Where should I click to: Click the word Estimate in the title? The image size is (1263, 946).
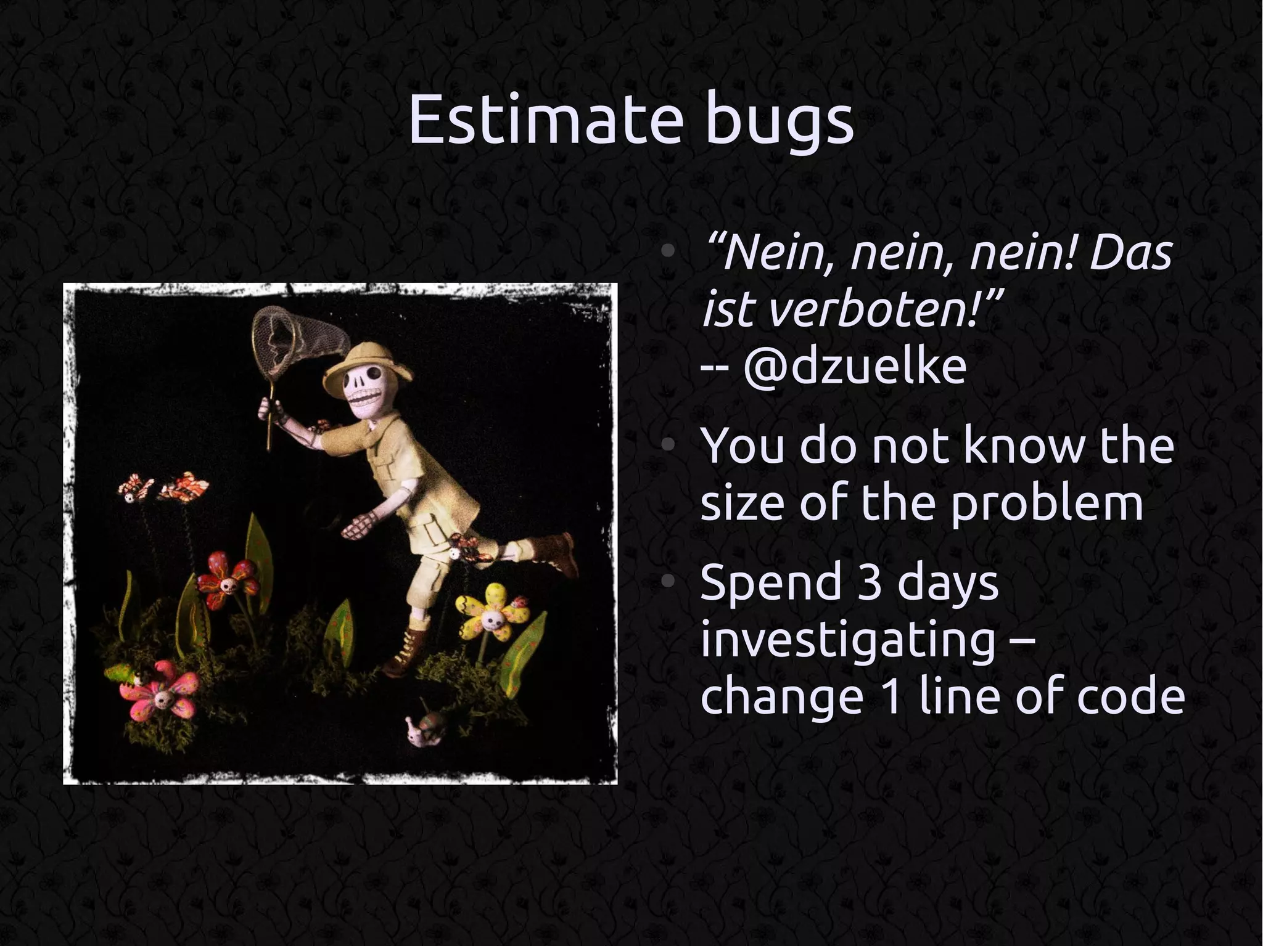546,120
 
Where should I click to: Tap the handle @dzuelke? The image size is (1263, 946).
854,368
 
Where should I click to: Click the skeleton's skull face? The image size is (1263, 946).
364,389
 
